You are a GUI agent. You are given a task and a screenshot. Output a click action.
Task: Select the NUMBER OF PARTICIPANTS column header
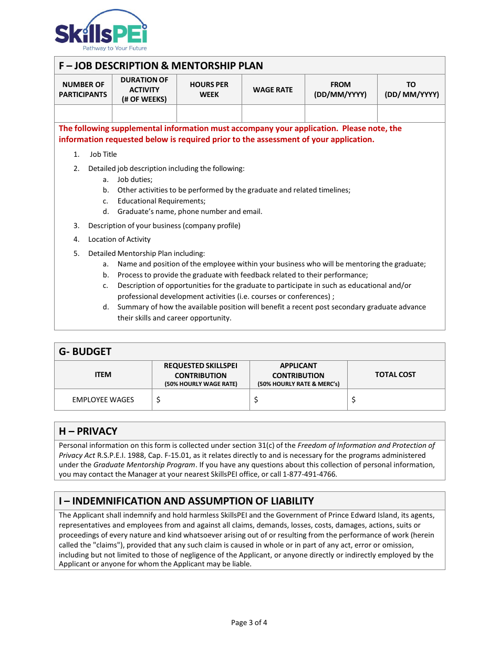(83, 90)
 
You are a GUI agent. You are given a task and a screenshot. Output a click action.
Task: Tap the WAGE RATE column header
(273, 90)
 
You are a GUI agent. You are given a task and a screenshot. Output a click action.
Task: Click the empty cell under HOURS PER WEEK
(209, 113)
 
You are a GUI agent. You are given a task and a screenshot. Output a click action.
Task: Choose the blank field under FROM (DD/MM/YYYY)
(340, 113)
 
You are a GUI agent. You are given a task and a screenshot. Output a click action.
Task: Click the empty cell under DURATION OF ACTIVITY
(144, 113)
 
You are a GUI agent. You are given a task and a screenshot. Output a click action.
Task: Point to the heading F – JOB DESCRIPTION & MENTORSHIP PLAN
(161, 66)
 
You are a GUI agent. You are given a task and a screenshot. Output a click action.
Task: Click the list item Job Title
(103, 154)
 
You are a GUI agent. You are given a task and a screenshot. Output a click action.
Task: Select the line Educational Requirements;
(161, 201)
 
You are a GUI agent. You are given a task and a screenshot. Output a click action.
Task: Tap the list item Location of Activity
(119, 239)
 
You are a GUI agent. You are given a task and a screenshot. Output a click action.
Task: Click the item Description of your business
(164, 225)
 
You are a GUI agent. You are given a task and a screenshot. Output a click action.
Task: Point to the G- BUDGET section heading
(85, 351)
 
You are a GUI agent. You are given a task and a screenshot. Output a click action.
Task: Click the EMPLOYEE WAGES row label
(103, 400)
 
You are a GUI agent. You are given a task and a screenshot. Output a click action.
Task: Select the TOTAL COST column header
(395, 374)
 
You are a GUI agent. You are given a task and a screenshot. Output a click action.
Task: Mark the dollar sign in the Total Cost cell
(354, 400)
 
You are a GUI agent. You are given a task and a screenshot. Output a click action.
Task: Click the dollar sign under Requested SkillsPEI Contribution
(158, 400)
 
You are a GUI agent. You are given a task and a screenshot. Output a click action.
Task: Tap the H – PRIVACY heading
(88, 431)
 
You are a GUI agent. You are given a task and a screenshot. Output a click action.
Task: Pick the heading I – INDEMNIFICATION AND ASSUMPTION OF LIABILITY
(186, 501)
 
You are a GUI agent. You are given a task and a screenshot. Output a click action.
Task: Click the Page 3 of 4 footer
(249, 622)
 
